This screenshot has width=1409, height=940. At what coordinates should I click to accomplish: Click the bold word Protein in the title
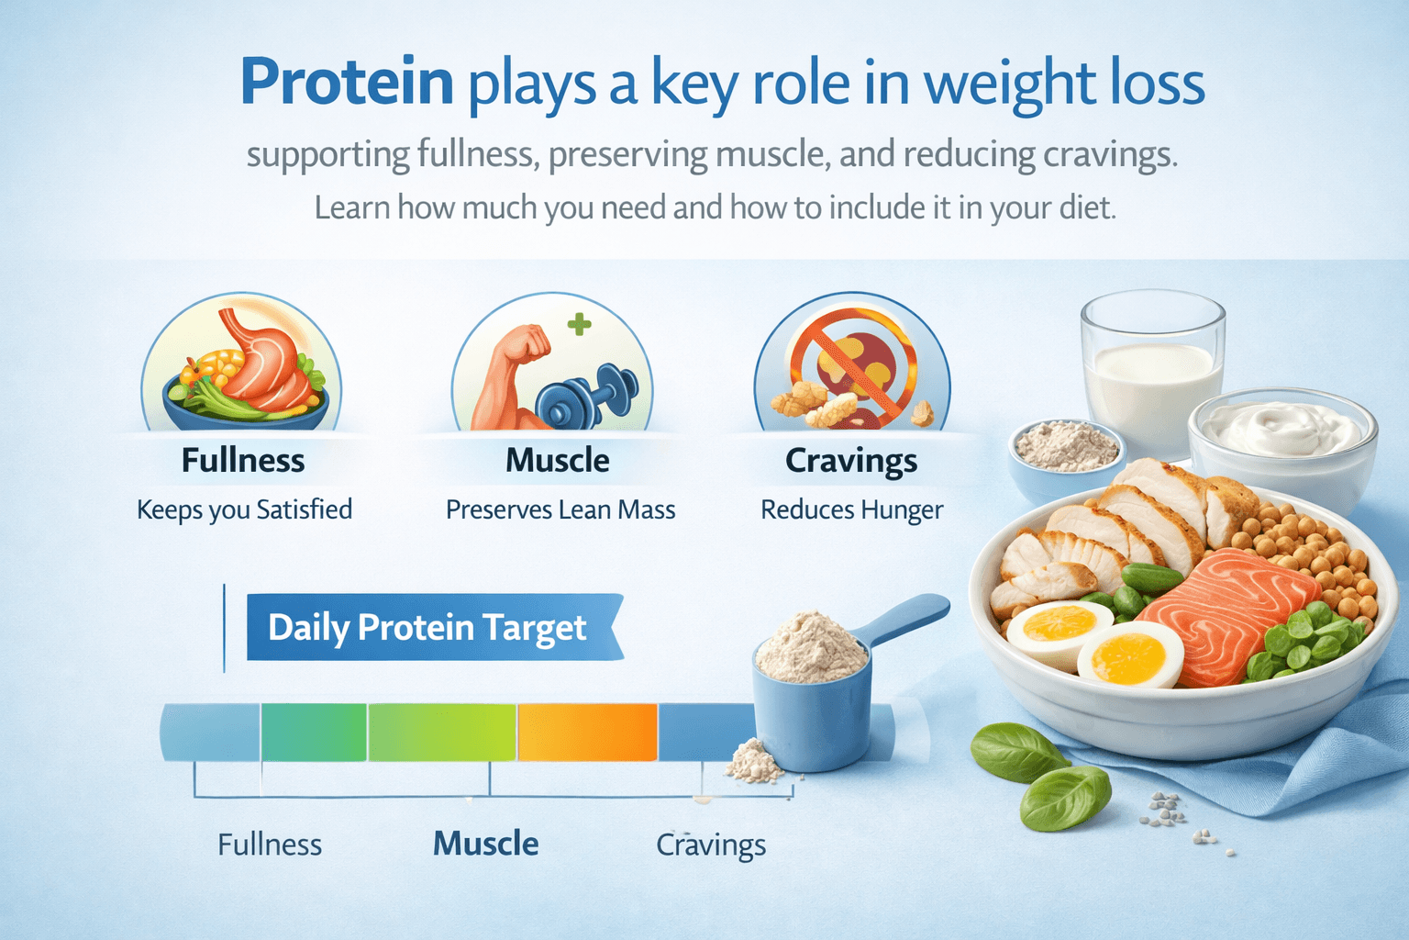pos(347,83)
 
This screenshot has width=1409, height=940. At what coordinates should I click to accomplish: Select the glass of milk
pos(1152,376)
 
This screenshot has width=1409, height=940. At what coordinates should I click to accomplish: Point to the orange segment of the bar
pos(587,732)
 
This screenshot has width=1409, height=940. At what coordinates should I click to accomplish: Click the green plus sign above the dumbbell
pos(579,324)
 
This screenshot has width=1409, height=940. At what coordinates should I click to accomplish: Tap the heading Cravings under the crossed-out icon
pos(851,461)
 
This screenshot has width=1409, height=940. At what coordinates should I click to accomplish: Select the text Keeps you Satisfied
pos(244,509)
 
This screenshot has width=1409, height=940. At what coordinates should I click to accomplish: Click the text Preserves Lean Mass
pos(560,509)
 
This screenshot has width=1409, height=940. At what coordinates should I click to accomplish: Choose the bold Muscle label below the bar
pos(485,844)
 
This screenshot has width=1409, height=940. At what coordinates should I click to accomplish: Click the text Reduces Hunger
pos(851,509)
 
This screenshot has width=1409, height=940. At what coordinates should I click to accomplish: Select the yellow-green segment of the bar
pos(442,732)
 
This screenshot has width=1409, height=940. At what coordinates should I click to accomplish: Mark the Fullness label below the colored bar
pos(270,845)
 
